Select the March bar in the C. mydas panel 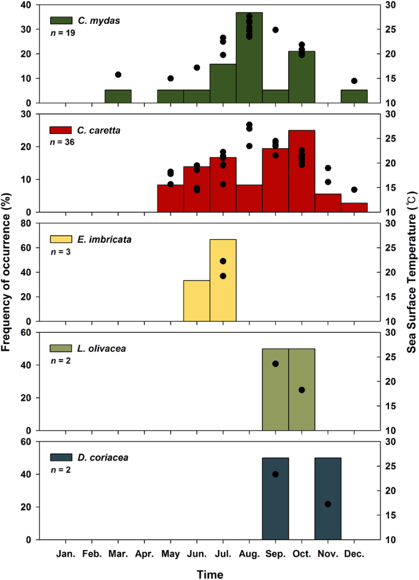pos(118,97)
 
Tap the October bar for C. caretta pos(302,171)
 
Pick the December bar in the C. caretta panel pos(354,207)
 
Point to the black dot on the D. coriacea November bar pos(328,504)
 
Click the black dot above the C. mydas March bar pos(118,75)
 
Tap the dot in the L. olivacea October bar pos(302,390)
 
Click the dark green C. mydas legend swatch pos(60,21)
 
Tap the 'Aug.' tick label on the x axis pos(249,554)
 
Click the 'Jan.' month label pos(65,554)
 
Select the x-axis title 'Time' pos(210,573)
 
